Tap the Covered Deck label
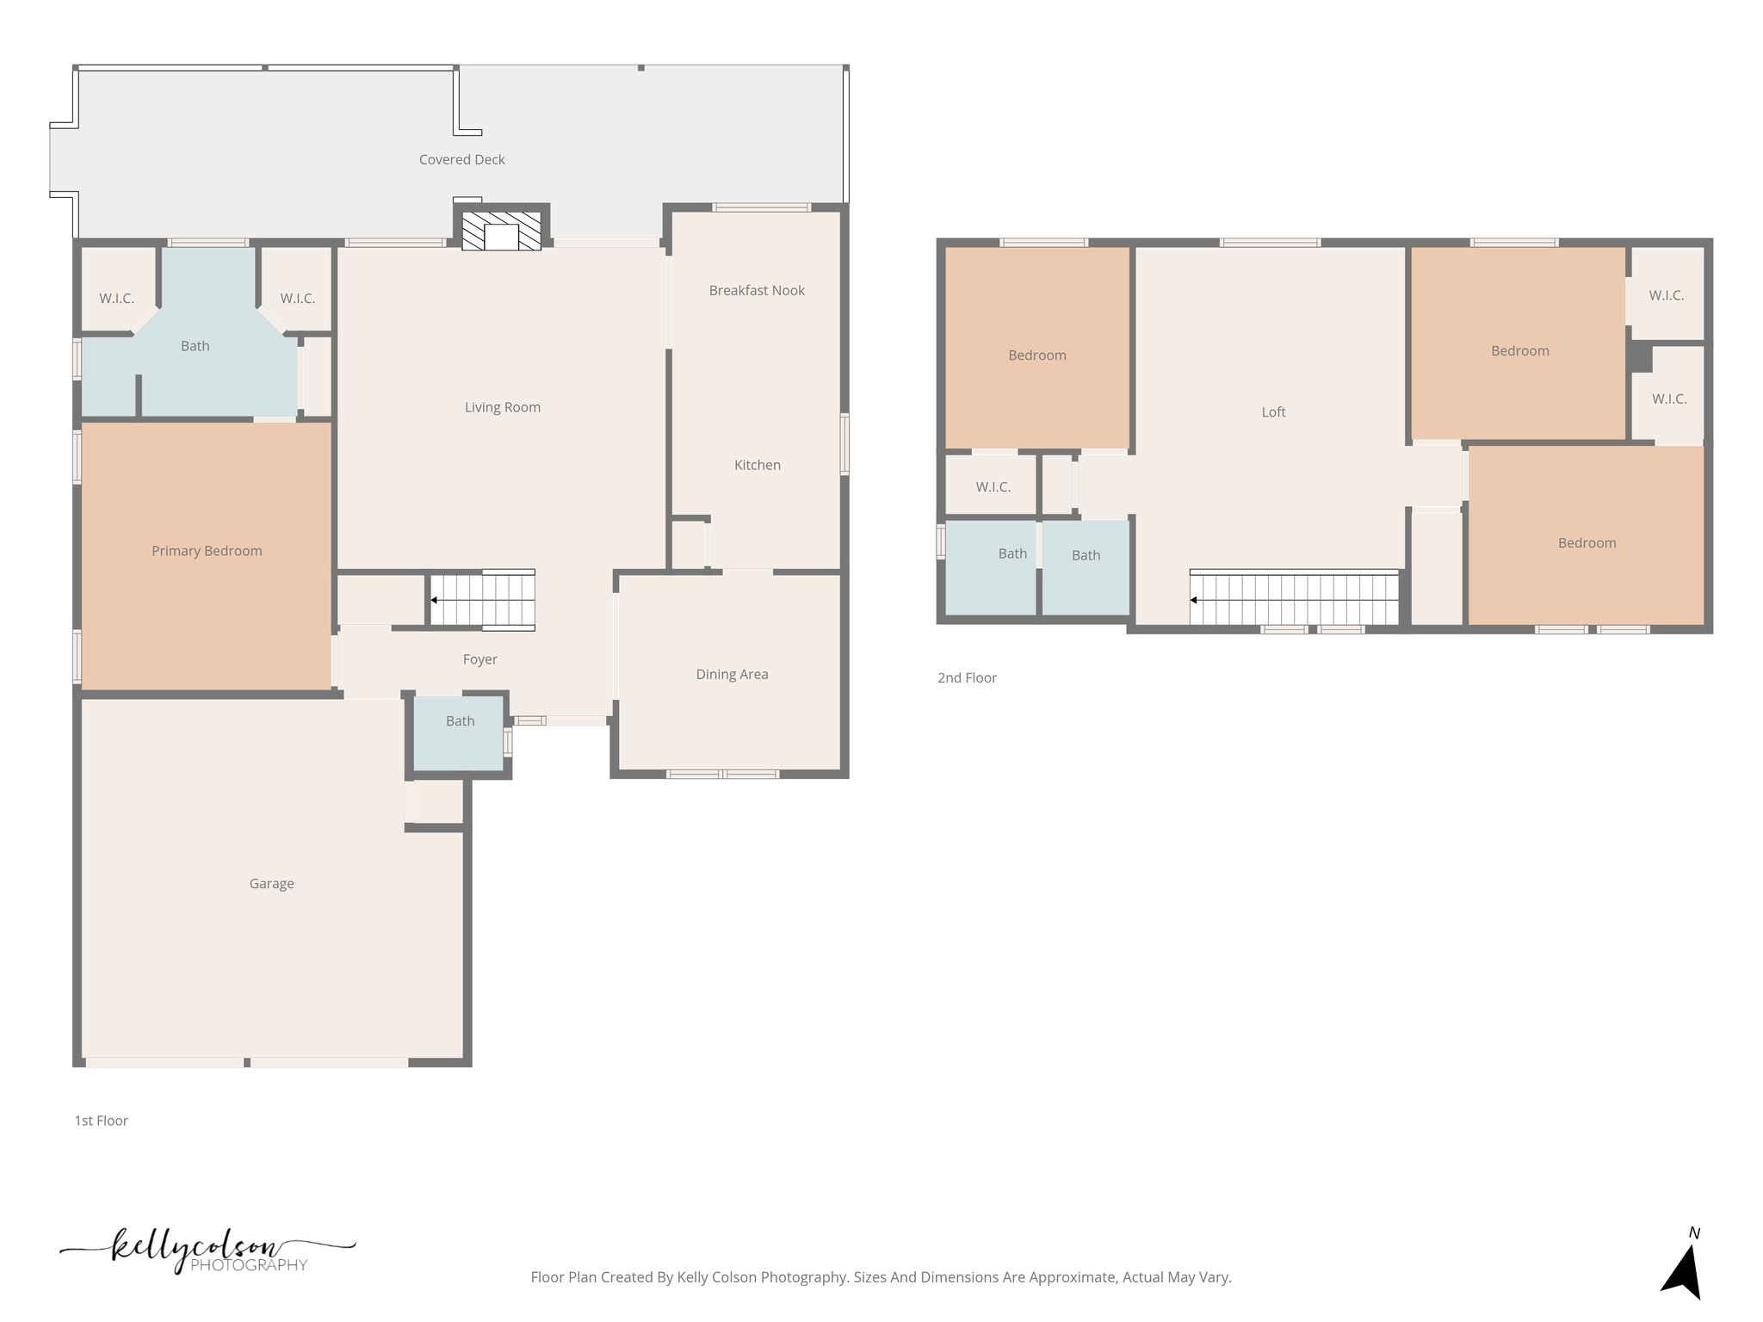[461, 160]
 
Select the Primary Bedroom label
[207, 551]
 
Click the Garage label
[271, 884]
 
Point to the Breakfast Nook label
[756, 291]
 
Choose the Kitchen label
[757, 465]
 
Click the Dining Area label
[732, 675]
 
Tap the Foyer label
[479, 659]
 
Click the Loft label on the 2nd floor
[1273, 412]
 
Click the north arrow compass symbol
[1683, 1270]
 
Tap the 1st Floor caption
[101, 1121]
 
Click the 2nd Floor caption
[967, 678]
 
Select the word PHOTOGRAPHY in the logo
[249, 1265]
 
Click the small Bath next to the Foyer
[460, 721]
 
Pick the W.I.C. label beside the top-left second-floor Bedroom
[993, 487]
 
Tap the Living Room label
[503, 408]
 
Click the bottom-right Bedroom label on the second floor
[1587, 543]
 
